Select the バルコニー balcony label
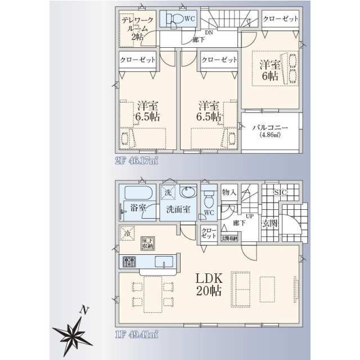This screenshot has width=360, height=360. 270,130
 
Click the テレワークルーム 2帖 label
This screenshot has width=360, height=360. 136,28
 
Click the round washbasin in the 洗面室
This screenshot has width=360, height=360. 187,193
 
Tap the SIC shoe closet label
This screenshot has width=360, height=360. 281,192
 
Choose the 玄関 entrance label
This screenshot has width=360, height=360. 269,223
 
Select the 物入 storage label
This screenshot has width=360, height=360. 228,192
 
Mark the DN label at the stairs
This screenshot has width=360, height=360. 209,33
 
